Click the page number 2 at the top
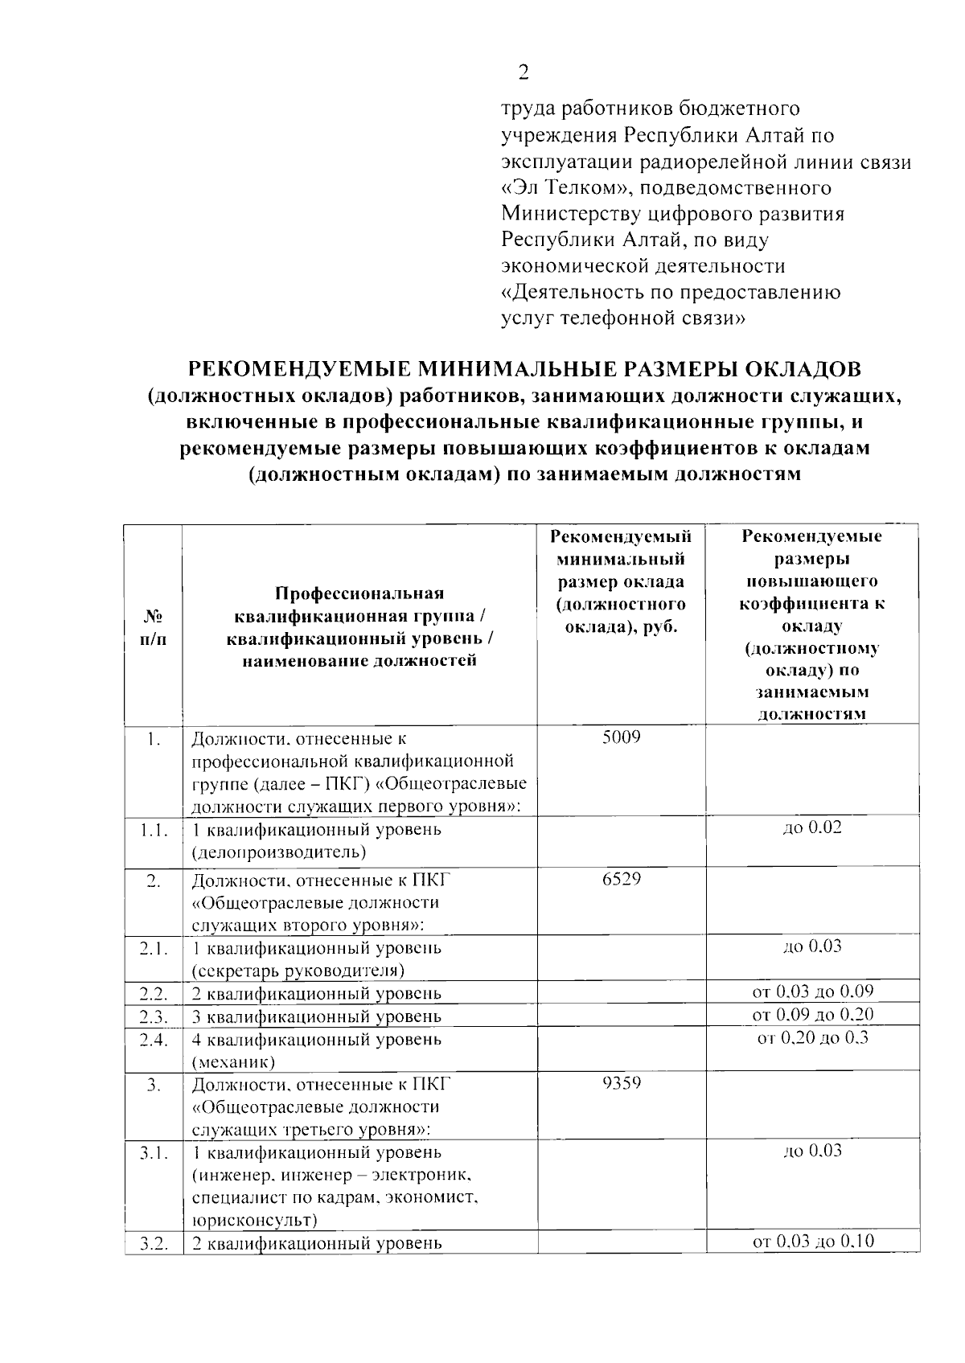point(524,74)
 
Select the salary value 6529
point(621,879)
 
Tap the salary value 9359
point(621,1083)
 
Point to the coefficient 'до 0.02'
point(812,827)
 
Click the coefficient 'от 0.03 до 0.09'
point(812,991)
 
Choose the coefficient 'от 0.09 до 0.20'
point(812,1014)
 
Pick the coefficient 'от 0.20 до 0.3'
point(812,1037)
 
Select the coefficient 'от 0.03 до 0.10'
point(812,1242)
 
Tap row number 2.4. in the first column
point(153,1040)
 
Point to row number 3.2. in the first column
point(153,1244)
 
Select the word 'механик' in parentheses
point(233,1062)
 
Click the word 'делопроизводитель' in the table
point(278,852)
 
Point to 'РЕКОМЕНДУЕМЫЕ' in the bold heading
point(299,369)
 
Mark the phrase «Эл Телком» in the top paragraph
point(557,188)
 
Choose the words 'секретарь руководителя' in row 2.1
point(298,970)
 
